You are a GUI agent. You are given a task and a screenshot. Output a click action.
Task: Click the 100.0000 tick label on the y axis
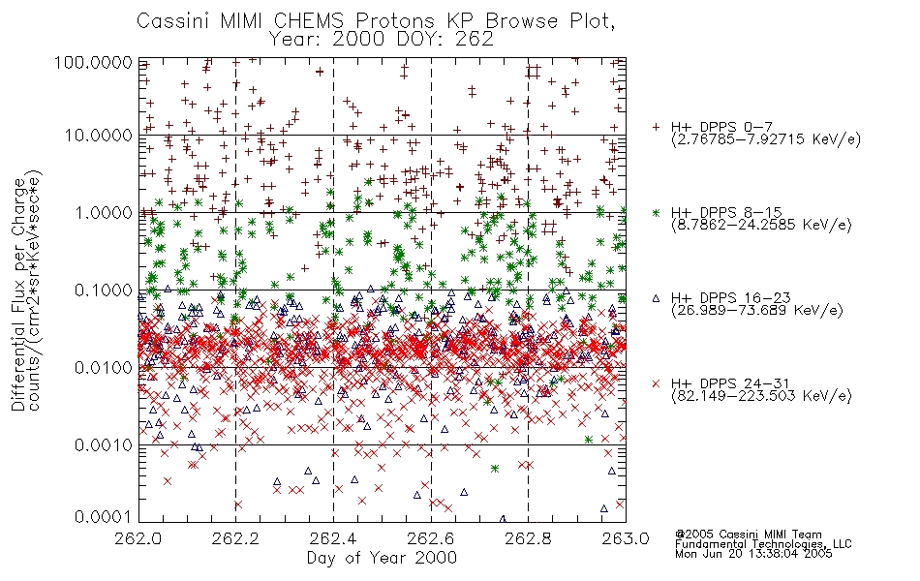click(93, 62)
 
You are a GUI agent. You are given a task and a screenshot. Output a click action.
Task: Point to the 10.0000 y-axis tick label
click(99, 136)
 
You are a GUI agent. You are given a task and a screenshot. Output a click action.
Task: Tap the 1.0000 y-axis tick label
click(104, 212)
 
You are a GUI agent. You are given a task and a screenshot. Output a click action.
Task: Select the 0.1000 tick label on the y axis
click(104, 290)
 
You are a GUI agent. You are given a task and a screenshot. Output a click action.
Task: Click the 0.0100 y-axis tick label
click(104, 367)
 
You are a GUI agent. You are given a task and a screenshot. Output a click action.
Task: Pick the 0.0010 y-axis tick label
click(104, 444)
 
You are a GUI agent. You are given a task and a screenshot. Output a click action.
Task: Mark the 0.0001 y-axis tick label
click(104, 516)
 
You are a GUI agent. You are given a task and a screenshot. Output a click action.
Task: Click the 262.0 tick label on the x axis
click(138, 538)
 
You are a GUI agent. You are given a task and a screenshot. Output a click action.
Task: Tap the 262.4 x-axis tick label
click(333, 538)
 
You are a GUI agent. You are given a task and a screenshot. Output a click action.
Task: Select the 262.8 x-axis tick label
click(528, 538)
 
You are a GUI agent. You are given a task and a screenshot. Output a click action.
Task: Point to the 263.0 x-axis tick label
click(626, 538)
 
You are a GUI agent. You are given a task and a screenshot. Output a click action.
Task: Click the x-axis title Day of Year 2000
click(382, 558)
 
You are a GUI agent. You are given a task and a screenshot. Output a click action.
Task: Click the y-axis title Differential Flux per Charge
click(18, 294)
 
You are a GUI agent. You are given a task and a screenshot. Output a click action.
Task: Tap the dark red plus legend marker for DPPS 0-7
click(656, 127)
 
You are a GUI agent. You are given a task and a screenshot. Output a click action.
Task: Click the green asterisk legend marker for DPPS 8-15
click(656, 212)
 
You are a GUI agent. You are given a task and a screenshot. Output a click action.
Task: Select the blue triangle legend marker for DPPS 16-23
click(656, 298)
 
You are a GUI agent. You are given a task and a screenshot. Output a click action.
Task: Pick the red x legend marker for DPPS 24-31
click(656, 383)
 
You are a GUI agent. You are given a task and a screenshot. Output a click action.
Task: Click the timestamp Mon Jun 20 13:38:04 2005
click(753, 554)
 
